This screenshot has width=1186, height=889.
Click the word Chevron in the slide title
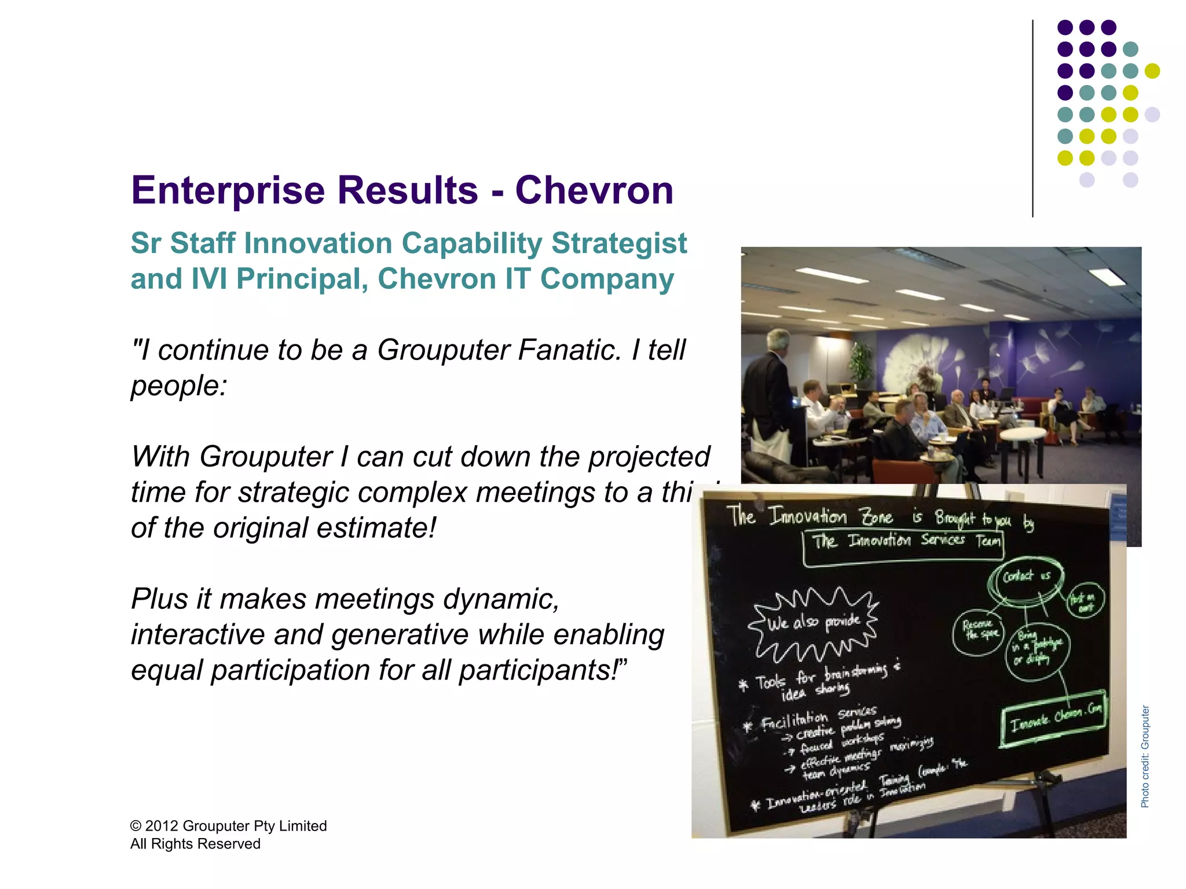pyautogui.click(x=595, y=190)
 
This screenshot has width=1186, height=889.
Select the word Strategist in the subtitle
pyautogui.click(x=618, y=243)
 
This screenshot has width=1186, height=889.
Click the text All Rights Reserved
pyautogui.click(x=195, y=844)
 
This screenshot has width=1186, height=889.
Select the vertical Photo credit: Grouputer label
pyautogui.click(x=1145, y=756)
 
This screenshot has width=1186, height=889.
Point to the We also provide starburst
pyautogui.click(x=813, y=623)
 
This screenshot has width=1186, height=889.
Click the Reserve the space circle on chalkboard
pyautogui.click(x=978, y=631)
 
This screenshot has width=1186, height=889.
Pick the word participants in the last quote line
pyautogui.click(x=539, y=670)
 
